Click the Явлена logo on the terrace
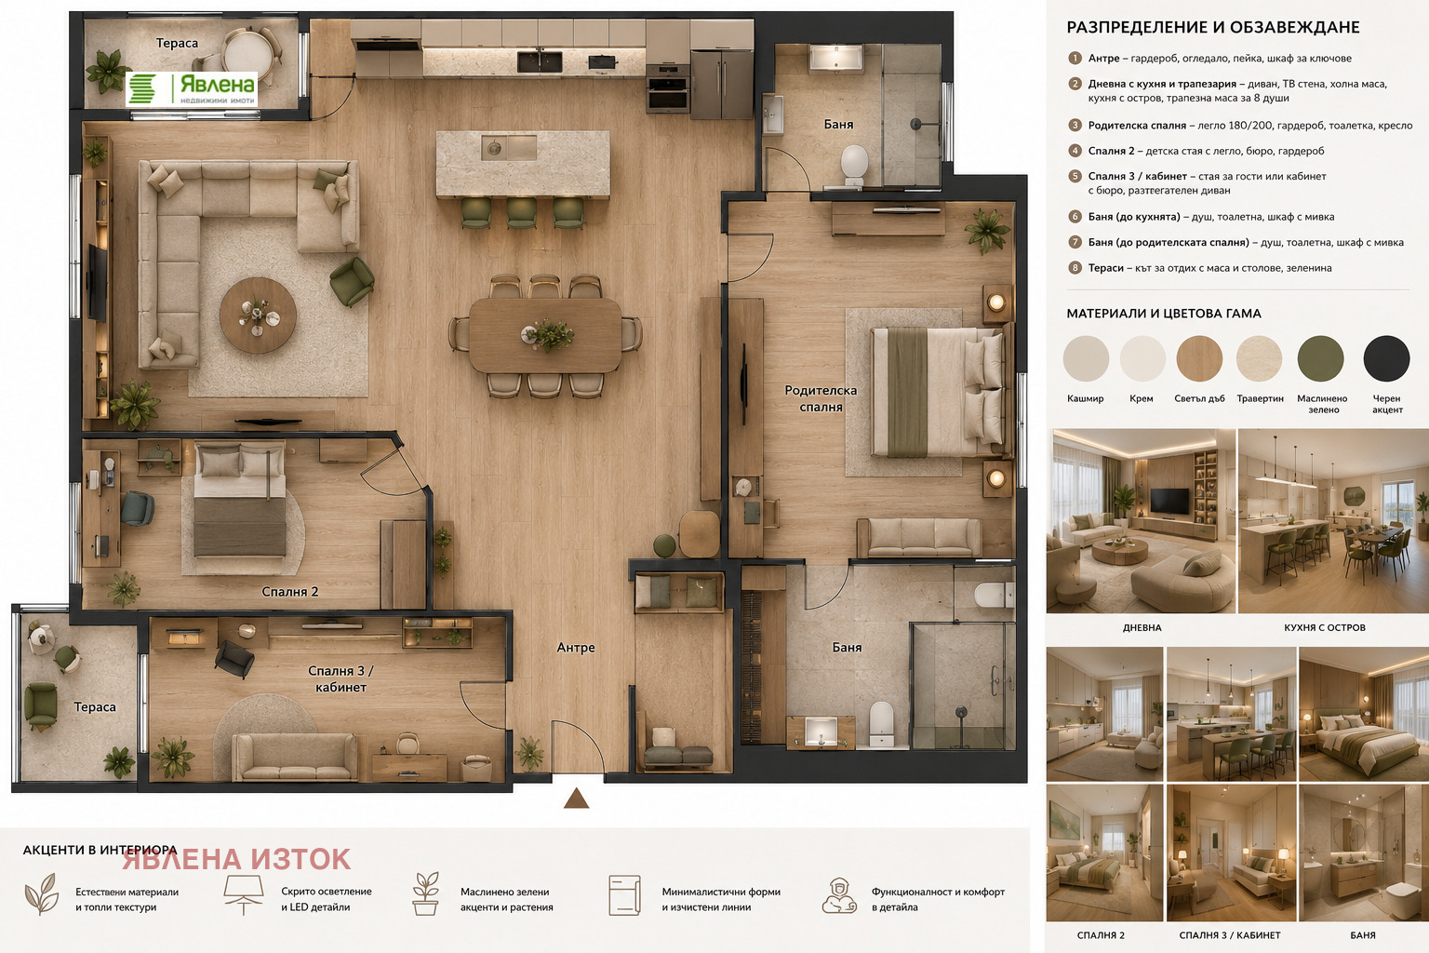(192, 88)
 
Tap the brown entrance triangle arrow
(576, 798)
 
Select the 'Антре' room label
(576, 647)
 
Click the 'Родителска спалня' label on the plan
(821, 398)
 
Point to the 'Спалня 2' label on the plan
(289, 592)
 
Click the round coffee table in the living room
(258, 315)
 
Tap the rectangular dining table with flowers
(545, 336)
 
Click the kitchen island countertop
(523, 164)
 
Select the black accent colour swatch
(1386, 358)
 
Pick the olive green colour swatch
(1320, 358)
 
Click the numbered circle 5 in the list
(1075, 176)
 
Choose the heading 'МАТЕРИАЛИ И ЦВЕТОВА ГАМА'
(1164, 314)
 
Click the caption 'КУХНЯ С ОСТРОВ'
(1325, 627)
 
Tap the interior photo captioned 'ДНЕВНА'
(1141, 521)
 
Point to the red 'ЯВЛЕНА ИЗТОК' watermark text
(236, 859)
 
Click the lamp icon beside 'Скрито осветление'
(243, 894)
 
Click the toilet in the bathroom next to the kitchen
(853, 164)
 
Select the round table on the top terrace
(248, 51)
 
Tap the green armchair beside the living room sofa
(352, 280)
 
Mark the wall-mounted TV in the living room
(97, 281)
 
